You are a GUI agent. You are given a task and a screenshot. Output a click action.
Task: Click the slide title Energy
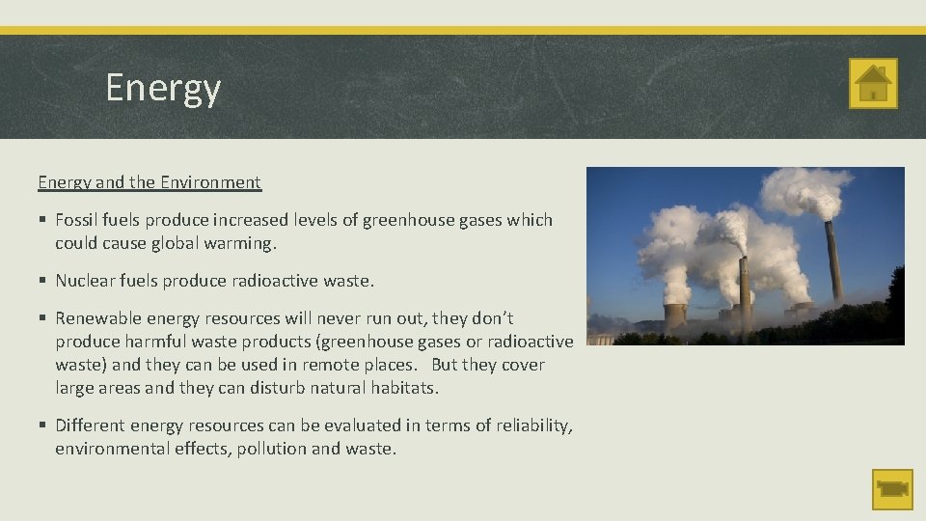pyautogui.click(x=163, y=88)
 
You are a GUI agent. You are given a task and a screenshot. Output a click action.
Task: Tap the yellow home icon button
pyautogui.click(x=873, y=83)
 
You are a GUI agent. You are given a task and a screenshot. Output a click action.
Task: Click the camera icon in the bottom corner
pyautogui.click(x=892, y=489)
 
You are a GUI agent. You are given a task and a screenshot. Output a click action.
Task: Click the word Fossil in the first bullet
pyautogui.click(x=78, y=220)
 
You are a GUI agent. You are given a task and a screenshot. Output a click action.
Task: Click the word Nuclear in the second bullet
pyautogui.click(x=87, y=281)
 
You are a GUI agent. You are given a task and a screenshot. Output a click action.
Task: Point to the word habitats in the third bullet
pyautogui.click(x=401, y=389)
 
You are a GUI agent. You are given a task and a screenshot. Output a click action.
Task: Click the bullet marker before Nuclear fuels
pyautogui.click(x=43, y=281)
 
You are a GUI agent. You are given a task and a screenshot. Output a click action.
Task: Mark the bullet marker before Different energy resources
pyautogui.click(x=43, y=425)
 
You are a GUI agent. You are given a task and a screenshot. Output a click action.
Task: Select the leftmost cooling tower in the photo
pyautogui.click(x=675, y=315)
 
